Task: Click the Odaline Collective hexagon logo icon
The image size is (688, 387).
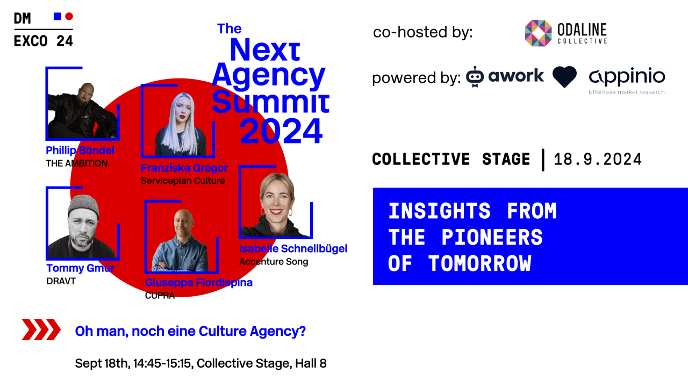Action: pyautogui.click(x=538, y=33)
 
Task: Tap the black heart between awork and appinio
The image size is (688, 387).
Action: pyautogui.click(x=564, y=77)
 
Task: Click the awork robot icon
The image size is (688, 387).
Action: pyautogui.click(x=475, y=77)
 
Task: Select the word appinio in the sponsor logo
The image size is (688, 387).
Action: pyautogui.click(x=627, y=76)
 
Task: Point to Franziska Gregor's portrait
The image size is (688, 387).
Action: pyautogui.click(x=177, y=124)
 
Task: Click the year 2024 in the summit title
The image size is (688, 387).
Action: pyautogui.click(x=281, y=131)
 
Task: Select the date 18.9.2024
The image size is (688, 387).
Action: pyautogui.click(x=598, y=160)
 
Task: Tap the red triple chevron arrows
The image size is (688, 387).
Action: pyautogui.click(x=41, y=329)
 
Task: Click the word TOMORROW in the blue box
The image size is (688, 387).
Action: pyautogui.click(x=479, y=264)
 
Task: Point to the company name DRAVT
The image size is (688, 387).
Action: pyautogui.click(x=61, y=281)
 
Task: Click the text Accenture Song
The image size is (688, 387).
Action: pyautogui.click(x=274, y=262)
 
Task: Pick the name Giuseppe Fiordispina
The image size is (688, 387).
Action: pyautogui.click(x=199, y=283)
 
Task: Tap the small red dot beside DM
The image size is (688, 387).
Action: pyautogui.click(x=69, y=16)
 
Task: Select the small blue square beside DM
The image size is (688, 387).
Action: pyautogui.click(x=58, y=16)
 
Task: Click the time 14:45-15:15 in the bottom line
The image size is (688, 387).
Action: pyautogui.click(x=161, y=363)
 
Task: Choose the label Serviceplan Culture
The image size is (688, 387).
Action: pyautogui.click(x=183, y=181)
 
